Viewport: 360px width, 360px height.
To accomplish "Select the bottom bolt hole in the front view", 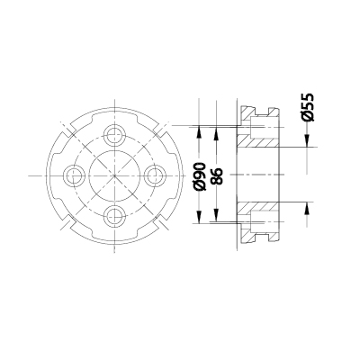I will (x=113, y=214).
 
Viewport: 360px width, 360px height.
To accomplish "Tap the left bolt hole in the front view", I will (x=74, y=175).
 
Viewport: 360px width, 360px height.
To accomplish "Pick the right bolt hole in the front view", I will (x=153, y=175).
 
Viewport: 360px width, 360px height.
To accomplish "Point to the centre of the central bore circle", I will (x=113, y=175).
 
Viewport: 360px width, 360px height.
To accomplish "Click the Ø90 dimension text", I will (x=200, y=174).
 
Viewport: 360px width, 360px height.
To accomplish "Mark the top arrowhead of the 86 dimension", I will (x=215, y=132).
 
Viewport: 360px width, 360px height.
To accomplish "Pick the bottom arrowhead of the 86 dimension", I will (x=215, y=217).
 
